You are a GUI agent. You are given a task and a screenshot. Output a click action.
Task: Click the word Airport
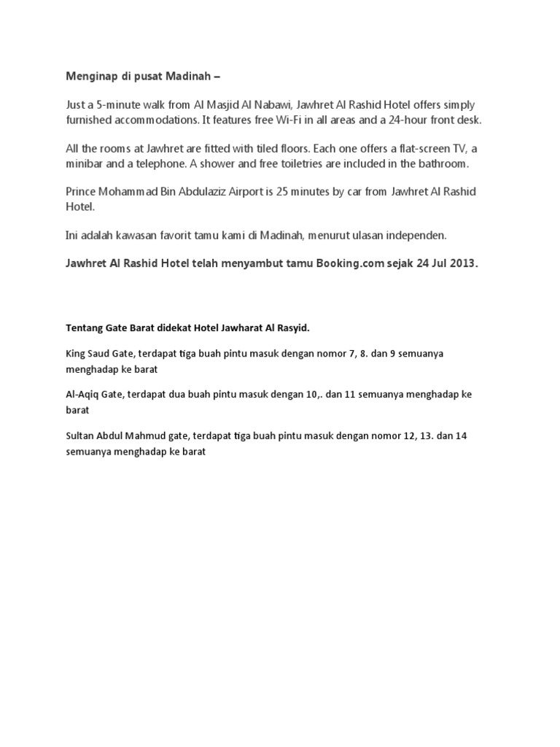(x=239, y=191)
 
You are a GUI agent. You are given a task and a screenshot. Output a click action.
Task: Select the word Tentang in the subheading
(x=85, y=327)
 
